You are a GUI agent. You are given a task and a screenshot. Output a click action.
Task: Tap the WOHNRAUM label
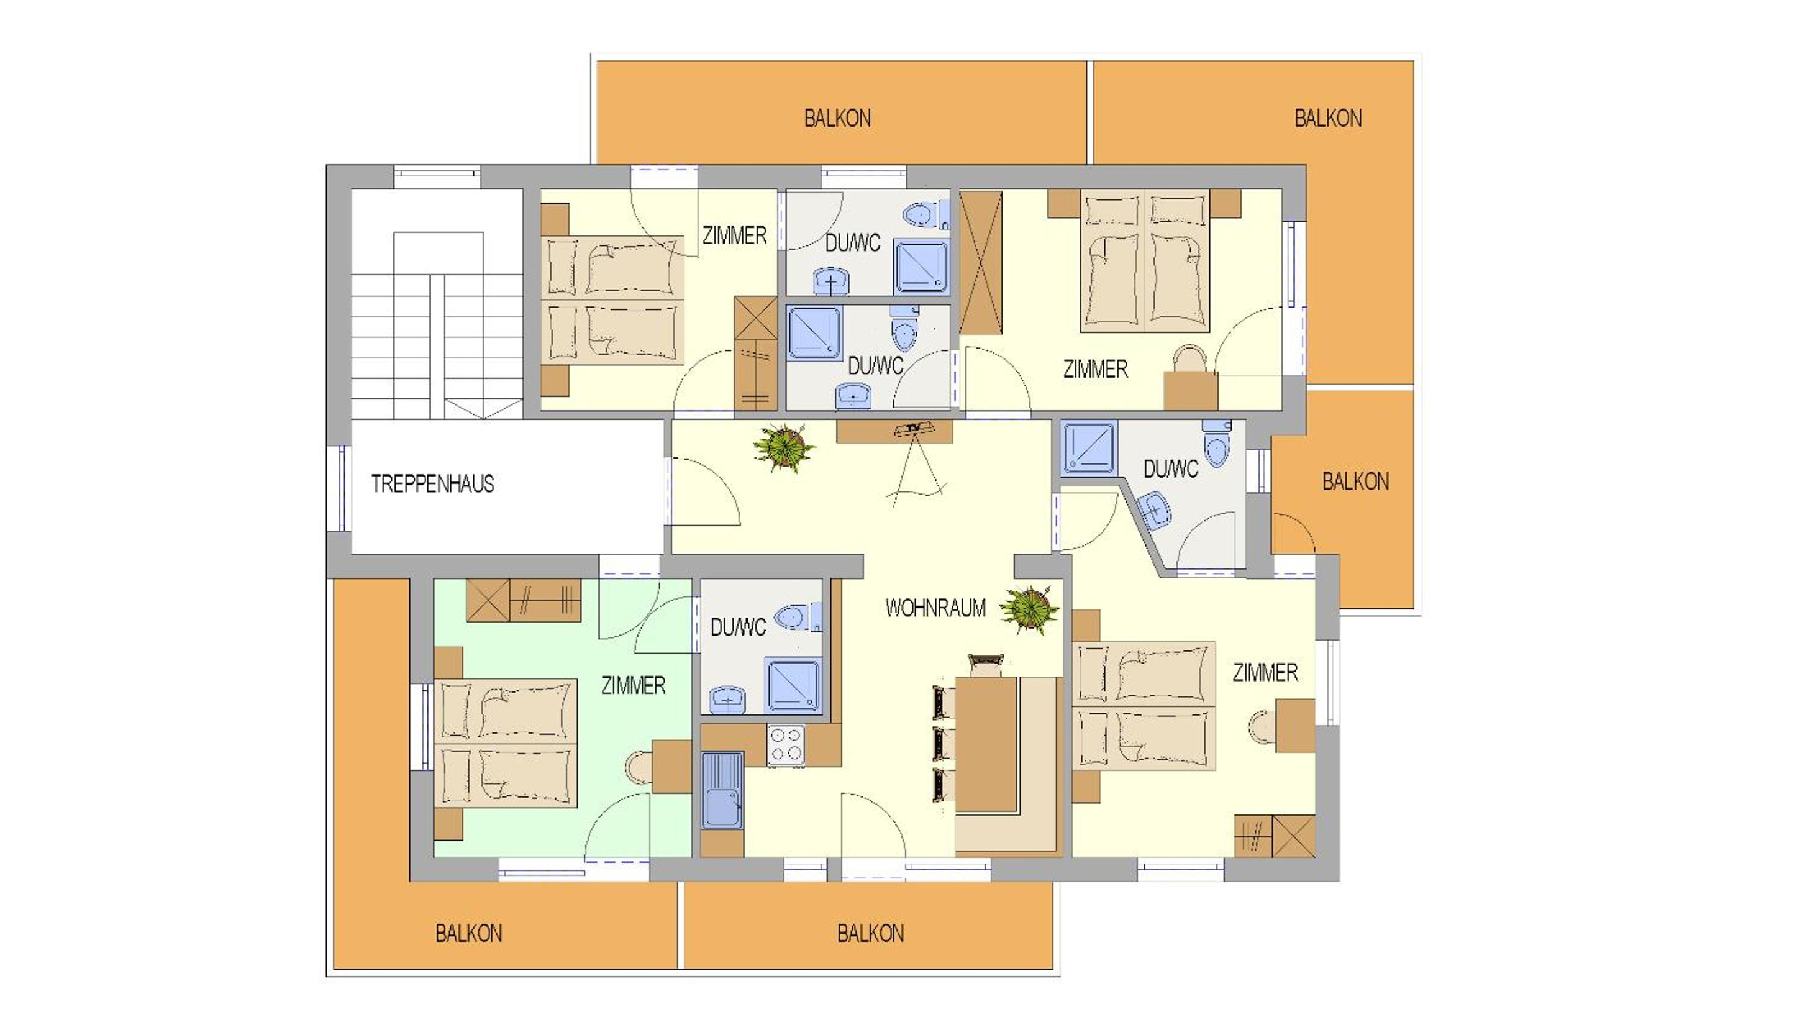(x=935, y=608)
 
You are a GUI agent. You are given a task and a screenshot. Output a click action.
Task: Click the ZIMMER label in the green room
(x=633, y=685)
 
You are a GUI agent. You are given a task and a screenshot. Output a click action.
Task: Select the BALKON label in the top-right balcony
(x=1328, y=118)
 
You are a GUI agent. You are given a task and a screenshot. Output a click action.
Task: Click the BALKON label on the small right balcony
(x=1355, y=481)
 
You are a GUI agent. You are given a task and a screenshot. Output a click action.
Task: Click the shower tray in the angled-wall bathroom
(x=1088, y=448)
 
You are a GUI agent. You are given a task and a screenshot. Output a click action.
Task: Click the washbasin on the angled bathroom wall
(x=1155, y=509)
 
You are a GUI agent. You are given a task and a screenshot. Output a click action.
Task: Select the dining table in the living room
(x=986, y=744)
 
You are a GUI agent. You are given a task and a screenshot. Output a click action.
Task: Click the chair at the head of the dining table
(x=986, y=664)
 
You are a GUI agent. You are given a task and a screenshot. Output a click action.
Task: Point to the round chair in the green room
(x=639, y=767)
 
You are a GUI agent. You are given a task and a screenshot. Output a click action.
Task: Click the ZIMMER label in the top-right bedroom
(x=1096, y=370)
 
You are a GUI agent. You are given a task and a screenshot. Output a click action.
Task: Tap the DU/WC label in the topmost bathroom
(x=852, y=243)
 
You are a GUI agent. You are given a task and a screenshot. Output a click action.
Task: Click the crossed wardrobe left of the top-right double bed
(x=981, y=263)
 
